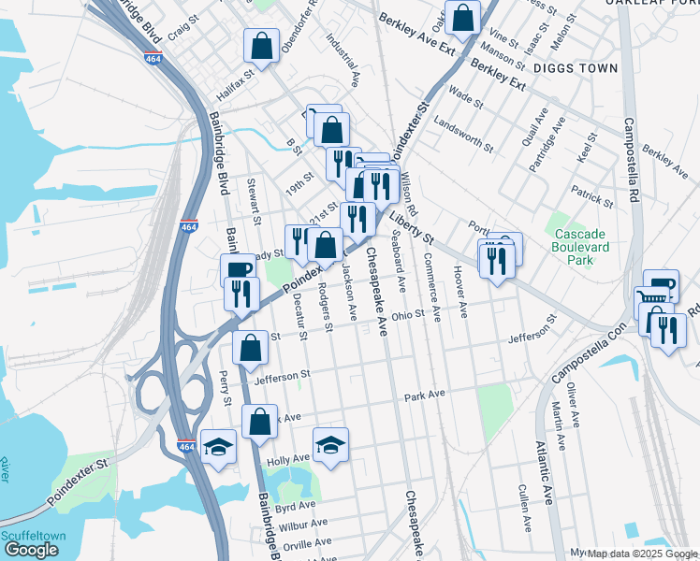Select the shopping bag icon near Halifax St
pyautogui.click(x=261, y=45)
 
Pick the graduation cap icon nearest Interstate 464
pyautogui.click(x=218, y=447)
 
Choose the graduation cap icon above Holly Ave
pyautogui.click(x=329, y=445)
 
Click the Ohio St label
pyautogui.click(x=408, y=315)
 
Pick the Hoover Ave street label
pyautogui.click(x=459, y=291)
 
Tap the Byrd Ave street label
pyautogui.click(x=295, y=506)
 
